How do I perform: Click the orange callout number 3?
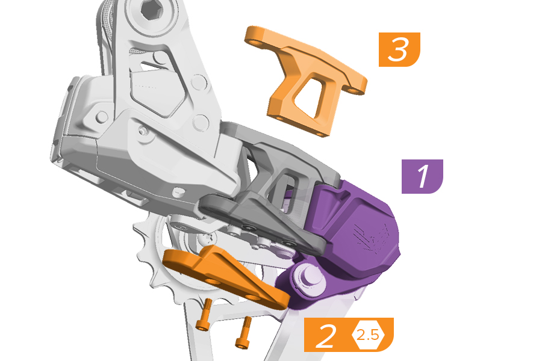click(x=399, y=49)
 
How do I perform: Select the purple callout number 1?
click(x=422, y=176)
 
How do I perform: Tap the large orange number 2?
click(x=326, y=336)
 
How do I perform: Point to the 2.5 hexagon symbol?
click(x=368, y=335)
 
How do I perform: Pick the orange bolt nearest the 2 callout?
click(x=244, y=332)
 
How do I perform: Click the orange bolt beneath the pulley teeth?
click(x=204, y=314)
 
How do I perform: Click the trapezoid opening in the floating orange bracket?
click(x=310, y=95)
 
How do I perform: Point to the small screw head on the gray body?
click(x=142, y=131)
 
